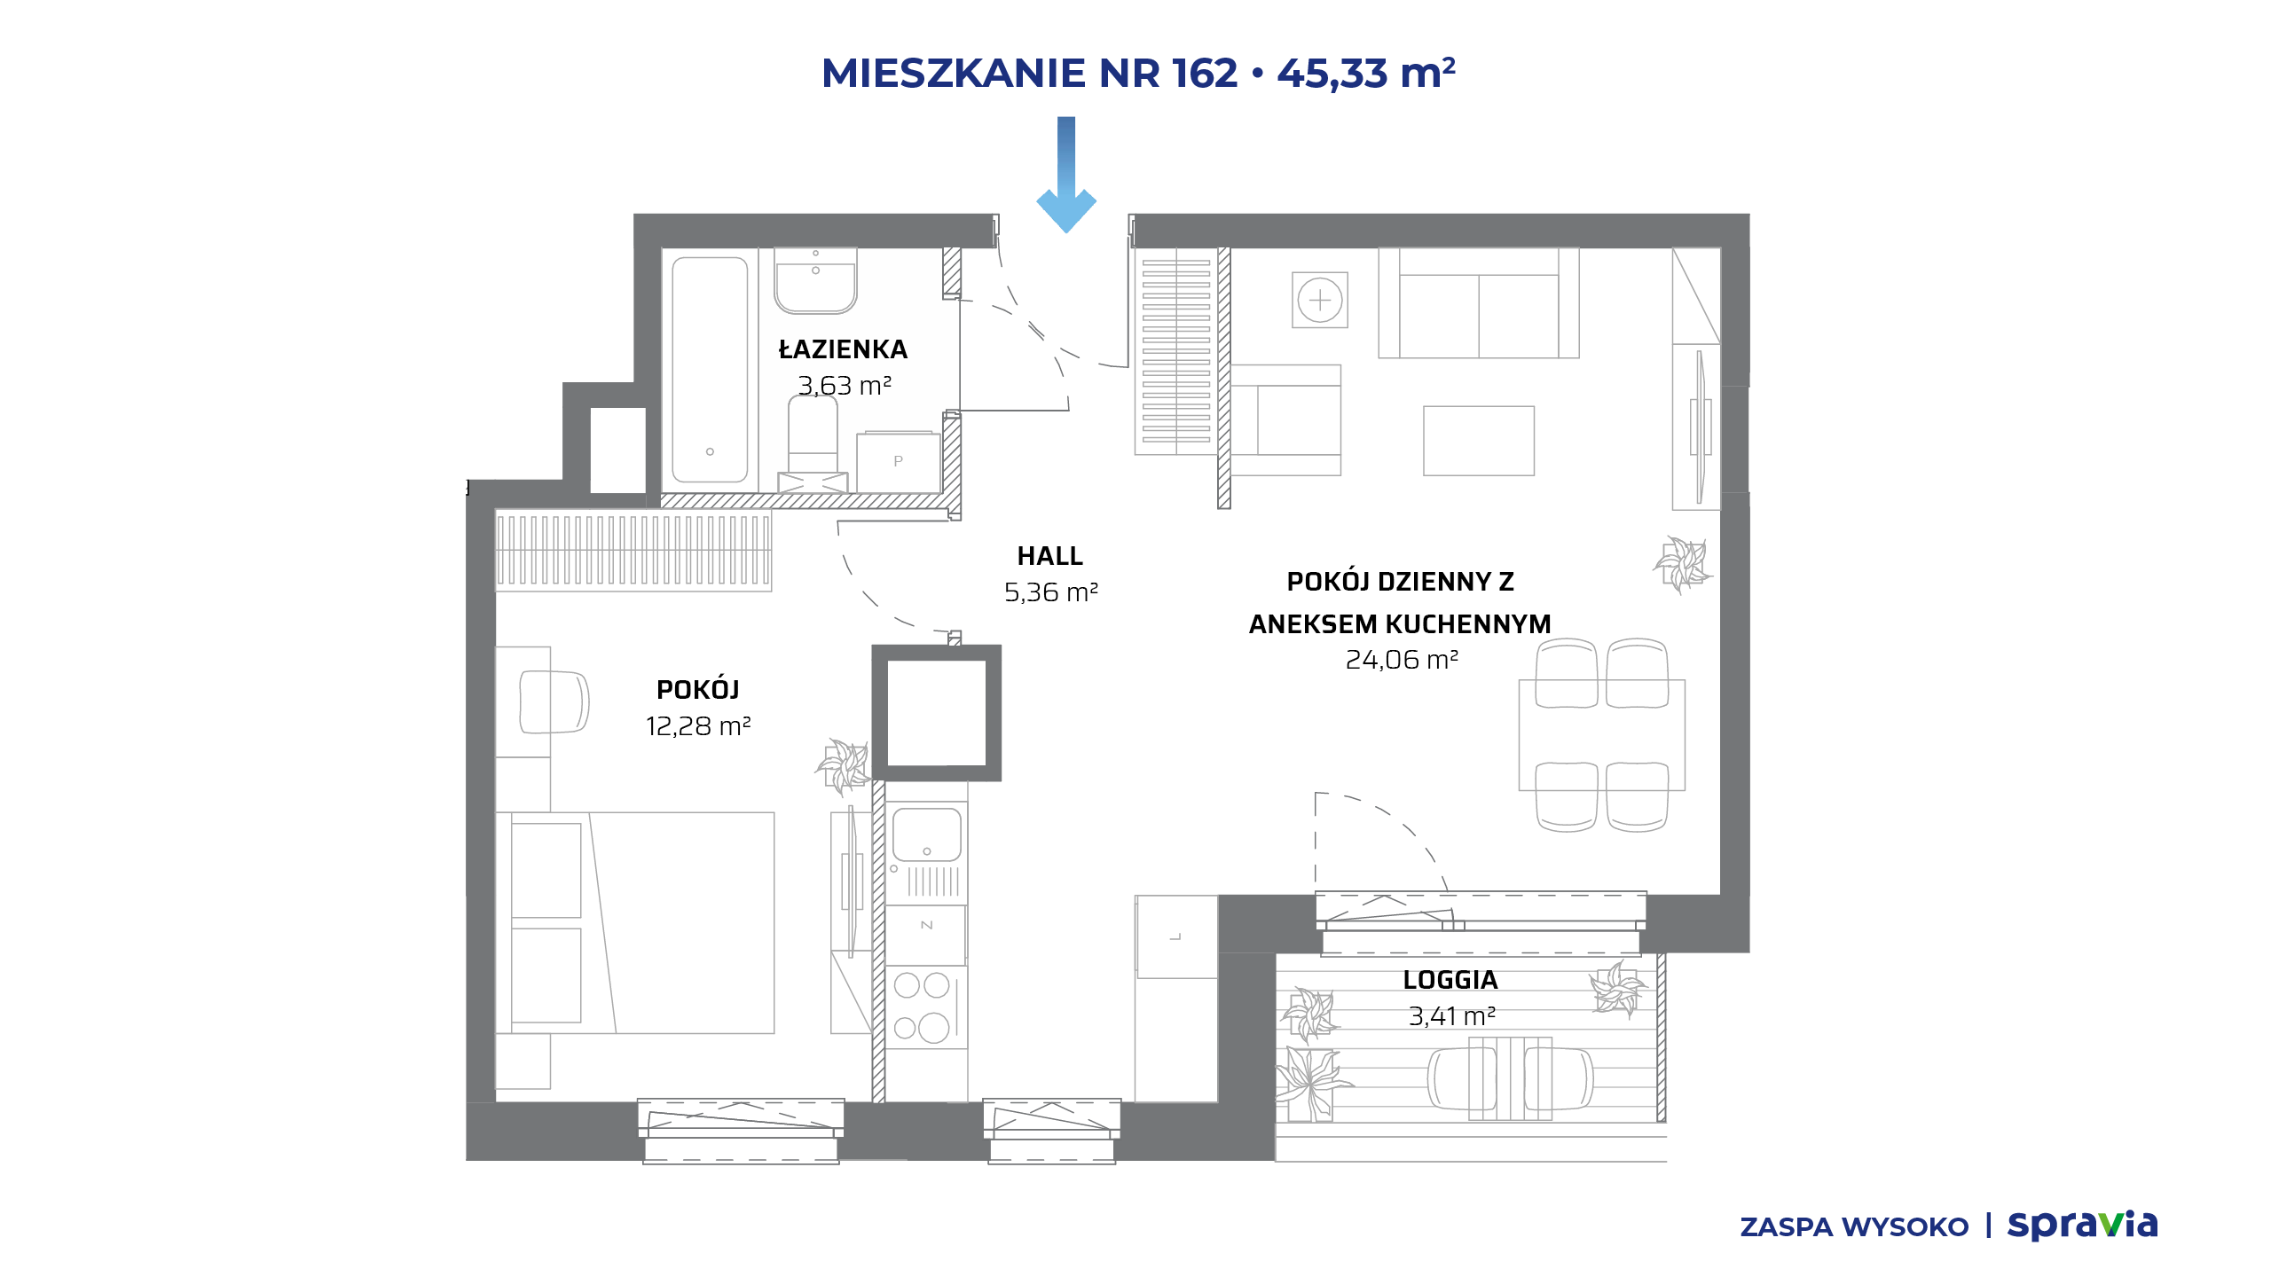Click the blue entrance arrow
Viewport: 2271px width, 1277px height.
(1066, 175)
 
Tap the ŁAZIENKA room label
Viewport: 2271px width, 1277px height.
(843, 349)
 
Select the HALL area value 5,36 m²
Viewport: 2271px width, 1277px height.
(1051, 592)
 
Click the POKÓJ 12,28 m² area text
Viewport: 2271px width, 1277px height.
(698, 726)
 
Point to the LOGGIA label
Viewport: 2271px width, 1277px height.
(1450, 980)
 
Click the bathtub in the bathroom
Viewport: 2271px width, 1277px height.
(710, 370)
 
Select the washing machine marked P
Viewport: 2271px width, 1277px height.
(898, 462)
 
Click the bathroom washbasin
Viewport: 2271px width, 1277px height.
(815, 280)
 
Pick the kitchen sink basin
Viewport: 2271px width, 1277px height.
(926, 834)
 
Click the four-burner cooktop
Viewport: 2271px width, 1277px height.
(923, 1007)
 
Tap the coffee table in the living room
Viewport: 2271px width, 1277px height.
(1479, 441)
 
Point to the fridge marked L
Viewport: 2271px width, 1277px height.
(1176, 936)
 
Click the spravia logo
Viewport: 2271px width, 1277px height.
(2082, 1225)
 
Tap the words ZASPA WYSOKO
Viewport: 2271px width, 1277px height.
(1854, 1227)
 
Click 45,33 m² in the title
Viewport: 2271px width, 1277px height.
(1366, 73)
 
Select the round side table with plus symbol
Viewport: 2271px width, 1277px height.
(1320, 301)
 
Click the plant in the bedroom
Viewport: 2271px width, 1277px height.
(843, 765)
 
